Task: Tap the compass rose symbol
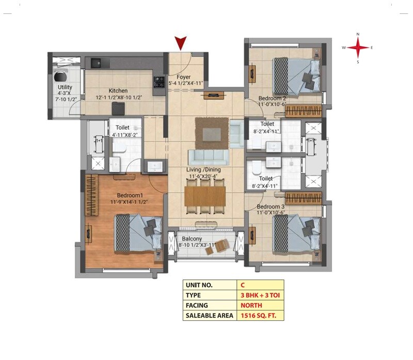click(358, 47)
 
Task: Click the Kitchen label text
click(118, 90)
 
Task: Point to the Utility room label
click(65, 87)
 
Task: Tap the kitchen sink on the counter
click(97, 63)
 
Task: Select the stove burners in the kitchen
click(158, 81)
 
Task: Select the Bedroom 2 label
click(272, 98)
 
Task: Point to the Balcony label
click(192, 239)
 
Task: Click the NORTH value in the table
click(251, 305)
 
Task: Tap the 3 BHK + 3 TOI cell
click(260, 295)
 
